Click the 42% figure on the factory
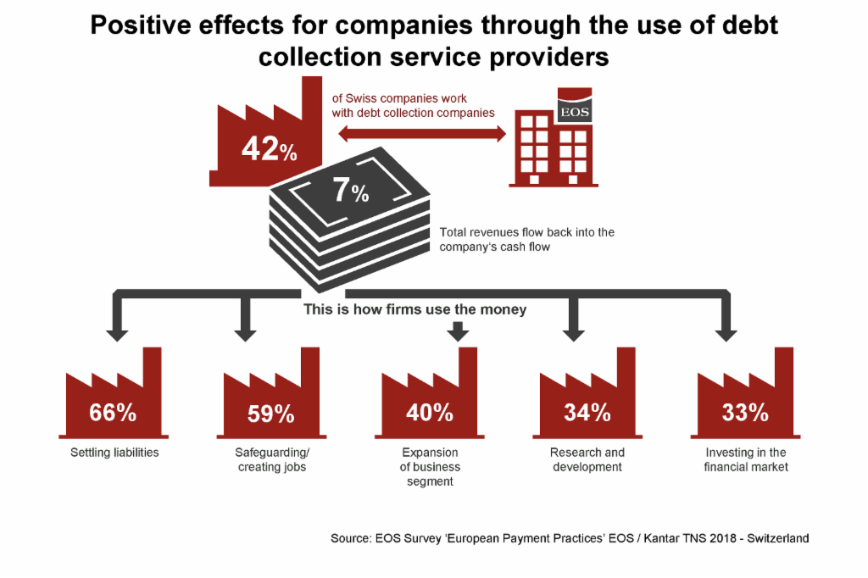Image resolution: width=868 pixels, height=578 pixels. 270,149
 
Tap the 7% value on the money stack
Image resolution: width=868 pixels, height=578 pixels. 351,190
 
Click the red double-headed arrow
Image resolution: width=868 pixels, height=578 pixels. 422,133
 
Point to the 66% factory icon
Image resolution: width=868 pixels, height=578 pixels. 114,393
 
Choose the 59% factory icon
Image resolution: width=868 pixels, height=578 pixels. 271,393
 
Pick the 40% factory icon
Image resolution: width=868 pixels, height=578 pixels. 430,393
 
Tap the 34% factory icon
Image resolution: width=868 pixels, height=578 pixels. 587,393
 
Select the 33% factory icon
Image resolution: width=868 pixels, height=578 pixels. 745,393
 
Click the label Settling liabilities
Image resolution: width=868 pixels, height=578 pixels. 114,453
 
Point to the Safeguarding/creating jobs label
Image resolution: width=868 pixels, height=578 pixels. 272,459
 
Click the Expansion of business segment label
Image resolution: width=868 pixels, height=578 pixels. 430,467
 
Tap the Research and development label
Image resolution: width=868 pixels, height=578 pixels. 587,459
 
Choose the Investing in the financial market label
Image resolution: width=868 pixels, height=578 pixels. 746,459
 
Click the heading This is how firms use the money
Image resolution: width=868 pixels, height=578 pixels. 415,309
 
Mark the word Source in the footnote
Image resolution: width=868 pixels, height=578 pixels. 350,538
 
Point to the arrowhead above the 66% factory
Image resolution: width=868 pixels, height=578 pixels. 117,335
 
